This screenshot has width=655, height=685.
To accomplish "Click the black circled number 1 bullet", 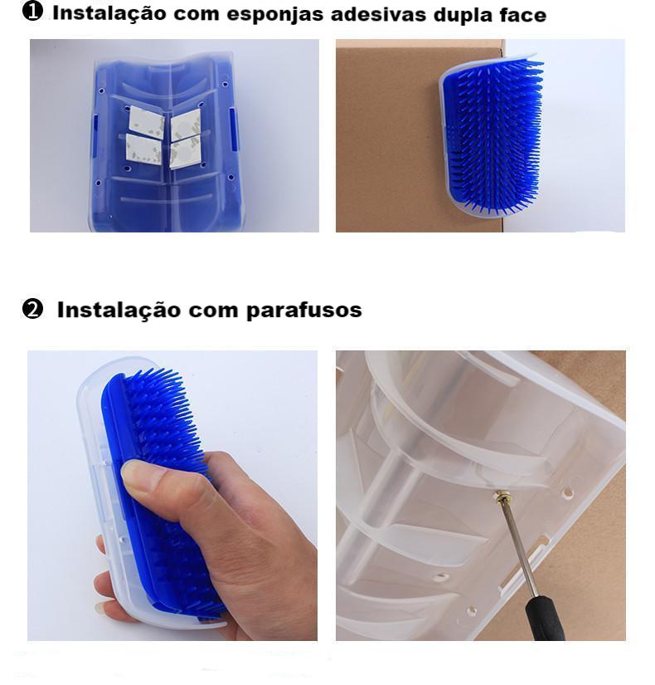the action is [32, 11].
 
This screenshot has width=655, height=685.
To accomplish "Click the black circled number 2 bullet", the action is [32, 309].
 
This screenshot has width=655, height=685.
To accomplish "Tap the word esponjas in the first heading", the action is [277, 14].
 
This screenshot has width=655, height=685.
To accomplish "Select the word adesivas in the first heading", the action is [379, 14].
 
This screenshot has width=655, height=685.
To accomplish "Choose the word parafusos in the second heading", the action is [304, 311].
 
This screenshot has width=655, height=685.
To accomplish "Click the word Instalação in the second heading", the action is [119, 311].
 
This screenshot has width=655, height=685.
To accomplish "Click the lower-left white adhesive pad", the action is [143, 148].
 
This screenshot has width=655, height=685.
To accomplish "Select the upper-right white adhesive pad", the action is [185, 124].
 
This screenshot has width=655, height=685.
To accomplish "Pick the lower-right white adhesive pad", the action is [185, 151].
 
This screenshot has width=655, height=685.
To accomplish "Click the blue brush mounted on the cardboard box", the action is [493, 133].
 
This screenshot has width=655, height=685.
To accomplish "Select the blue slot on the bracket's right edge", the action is [234, 130].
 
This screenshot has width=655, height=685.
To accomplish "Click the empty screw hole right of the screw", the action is [568, 494].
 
